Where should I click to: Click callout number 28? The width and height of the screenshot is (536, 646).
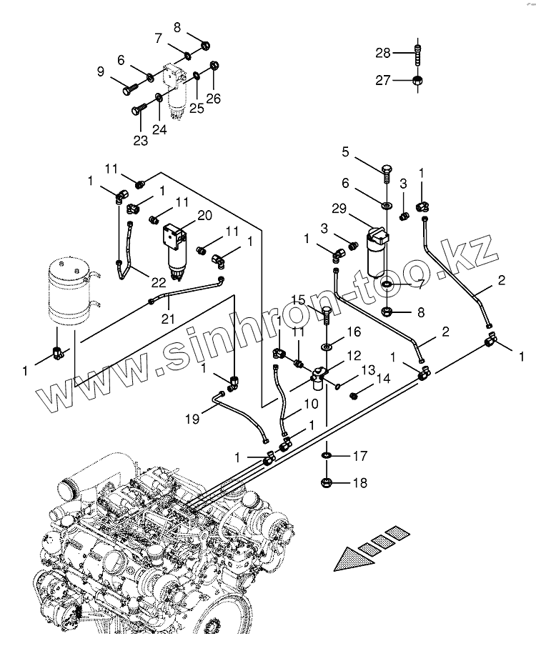point(383,53)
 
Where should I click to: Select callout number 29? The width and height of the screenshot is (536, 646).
point(339,209)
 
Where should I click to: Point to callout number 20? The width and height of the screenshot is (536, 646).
point(205,215)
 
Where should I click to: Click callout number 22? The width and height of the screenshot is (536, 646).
point(158,282)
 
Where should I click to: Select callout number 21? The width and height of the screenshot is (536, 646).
point(168,319)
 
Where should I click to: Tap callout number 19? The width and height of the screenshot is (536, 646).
point(192,419)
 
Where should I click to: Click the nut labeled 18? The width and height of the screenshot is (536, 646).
point(327,482)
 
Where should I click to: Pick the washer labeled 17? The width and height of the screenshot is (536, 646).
point(327,456)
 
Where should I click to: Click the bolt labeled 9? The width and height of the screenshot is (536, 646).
point(129,88)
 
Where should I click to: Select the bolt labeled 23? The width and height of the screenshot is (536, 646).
point(139,109)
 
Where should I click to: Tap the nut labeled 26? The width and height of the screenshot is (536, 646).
point(214,66)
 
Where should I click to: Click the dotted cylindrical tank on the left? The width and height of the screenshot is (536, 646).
point(68,290)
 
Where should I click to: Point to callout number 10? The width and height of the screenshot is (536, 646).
point(312,404)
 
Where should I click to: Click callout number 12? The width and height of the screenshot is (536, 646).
point(354,355)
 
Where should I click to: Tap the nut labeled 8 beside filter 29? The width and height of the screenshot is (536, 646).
point(387,311)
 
